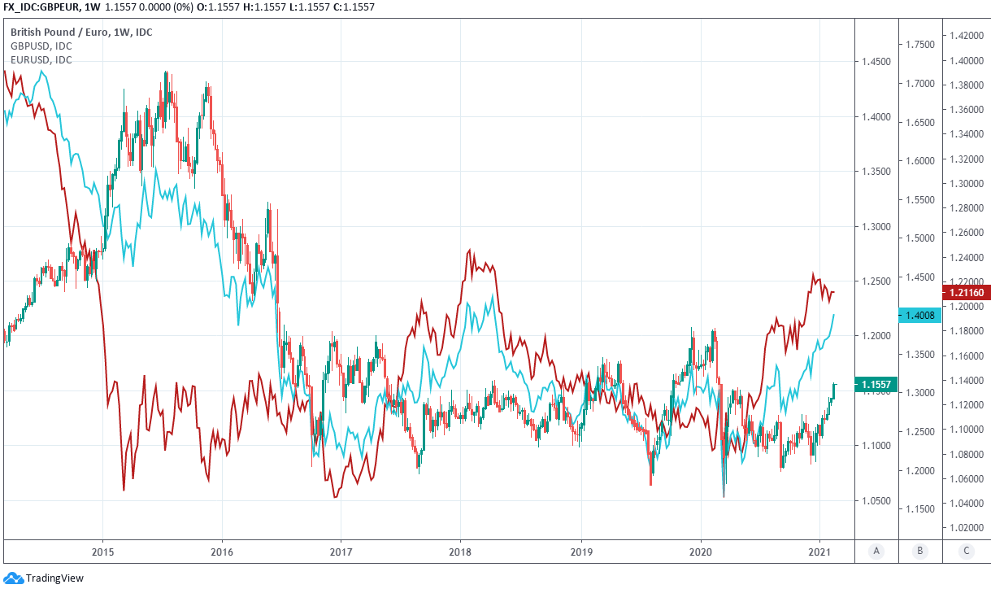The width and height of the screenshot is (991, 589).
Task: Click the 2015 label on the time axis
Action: [x=102, y=551]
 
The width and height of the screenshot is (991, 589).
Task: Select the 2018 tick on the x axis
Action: [x=460, y=551]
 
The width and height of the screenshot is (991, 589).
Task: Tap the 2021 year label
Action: [x=819, y=551]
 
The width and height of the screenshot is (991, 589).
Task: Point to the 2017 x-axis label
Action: [x=341, y=551]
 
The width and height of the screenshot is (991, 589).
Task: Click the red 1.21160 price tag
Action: [x=963, y=292]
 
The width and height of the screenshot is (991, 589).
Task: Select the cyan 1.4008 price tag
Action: [x=919, y=315]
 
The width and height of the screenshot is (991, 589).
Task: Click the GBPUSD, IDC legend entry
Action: [x=41, y=46]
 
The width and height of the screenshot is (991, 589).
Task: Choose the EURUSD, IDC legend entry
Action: [x=41, y=59]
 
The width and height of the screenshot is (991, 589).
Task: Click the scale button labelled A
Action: [x=876, y=551]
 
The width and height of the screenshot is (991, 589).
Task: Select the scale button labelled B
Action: [x=919, y=551]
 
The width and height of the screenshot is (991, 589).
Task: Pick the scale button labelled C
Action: [x=966, y=551]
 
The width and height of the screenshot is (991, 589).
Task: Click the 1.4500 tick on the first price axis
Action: [x=876, y=62]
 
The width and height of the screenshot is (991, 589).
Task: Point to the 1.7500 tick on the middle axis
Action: [x=919, y=45]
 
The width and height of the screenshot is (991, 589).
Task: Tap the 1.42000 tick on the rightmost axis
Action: [x=964, y=36]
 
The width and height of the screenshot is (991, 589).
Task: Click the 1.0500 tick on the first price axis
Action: [x=876, y=501]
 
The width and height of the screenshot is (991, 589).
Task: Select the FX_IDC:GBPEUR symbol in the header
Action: [x=40, y=7]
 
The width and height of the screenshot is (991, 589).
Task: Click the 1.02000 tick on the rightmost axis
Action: [x=964, y=528]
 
